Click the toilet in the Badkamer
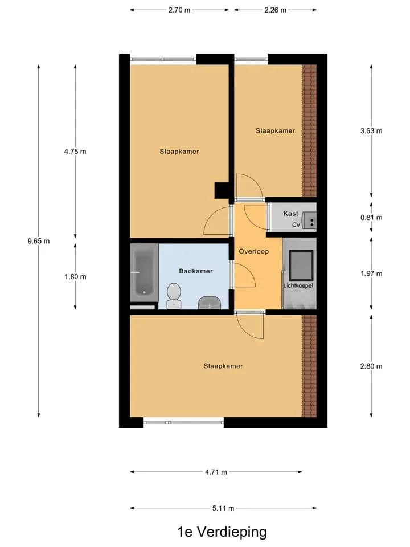click(174, 296)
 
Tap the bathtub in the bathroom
click(144, 272)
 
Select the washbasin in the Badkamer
click(209, 303)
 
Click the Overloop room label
click(254, 251)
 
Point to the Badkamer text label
click(195, 271)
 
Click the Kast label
click(290, 214)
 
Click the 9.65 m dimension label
click(39, 241)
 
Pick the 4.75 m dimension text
click(75, 152)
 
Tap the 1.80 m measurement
click(75, 277)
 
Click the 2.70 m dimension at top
click(179, 10)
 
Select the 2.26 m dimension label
click(275, 10)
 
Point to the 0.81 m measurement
click(371, 217)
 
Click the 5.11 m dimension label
click(223, 508)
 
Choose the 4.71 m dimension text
click(216, 472)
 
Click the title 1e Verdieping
click(222, 532)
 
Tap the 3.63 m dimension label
click(371, 131)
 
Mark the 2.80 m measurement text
click(371, 366)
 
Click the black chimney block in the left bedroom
click(222, 191)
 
